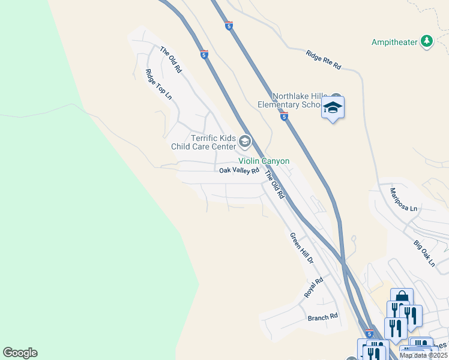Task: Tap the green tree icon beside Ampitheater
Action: pyautogui.click(x=427, y=41)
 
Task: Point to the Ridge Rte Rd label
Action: pyautogui.click(x=323, y=60)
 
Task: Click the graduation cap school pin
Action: pyautogui.click(x=333, y=109)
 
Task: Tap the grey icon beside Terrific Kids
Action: pyautogui.click(x=244, y=142)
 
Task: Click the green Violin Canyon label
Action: pyautogui.click(x=264, y=161)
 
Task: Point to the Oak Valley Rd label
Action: pyautogui.click(x=239, y=170)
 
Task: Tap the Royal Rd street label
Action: pyautogui.click(x=313, y=288)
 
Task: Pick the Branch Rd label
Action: pyautogui.click(x=323, y=317)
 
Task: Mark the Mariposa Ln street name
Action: pyautogui.click(x=403, y=199)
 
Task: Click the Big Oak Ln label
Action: pyautogui.click(x=424, y=253)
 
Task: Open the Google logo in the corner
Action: pyautogui.click(x=20, y=353)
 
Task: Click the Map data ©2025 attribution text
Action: pyautogui.click(x=423, y=355)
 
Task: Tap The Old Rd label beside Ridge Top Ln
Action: pyautogui.click(x=170, y=59)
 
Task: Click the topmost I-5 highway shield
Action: pyautogui.click(x=229, y=25)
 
